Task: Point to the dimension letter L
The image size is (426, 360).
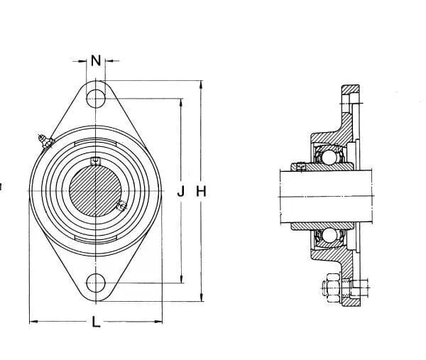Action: tap(96, 322)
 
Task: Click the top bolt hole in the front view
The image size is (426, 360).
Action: tap(96, 99)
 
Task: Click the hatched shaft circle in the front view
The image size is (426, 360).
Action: tap(96, 190)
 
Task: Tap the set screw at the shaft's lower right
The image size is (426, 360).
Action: tap(121, 206)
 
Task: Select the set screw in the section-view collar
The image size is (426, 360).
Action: tap(302, 167)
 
